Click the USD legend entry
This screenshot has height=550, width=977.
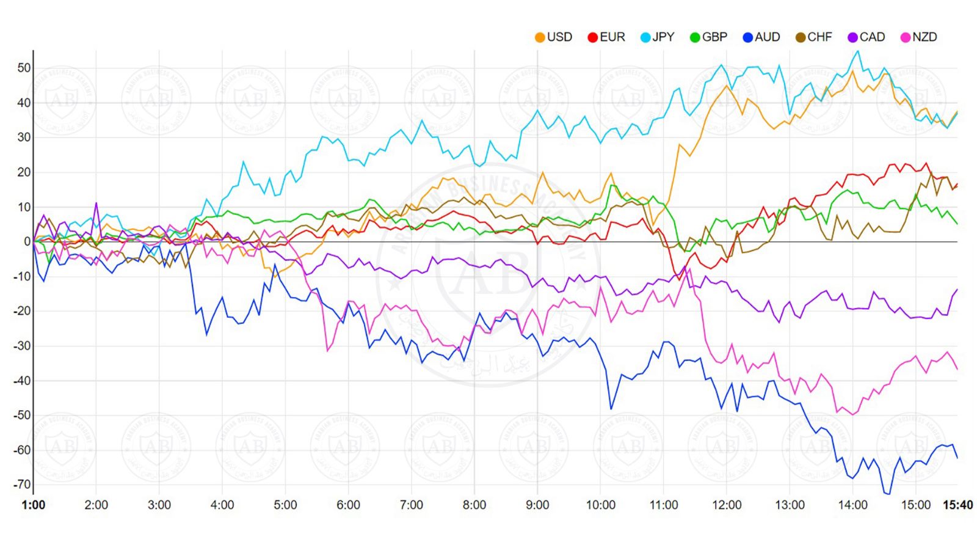click(554, 37)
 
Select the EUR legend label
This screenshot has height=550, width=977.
click(606, 37)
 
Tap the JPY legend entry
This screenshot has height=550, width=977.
click(658, 37)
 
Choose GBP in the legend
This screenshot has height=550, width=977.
click(709, 37)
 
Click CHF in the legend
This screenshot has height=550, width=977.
click(814, 37)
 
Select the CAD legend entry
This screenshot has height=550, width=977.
click(866, 37)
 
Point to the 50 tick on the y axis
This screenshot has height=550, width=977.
click(24, 68)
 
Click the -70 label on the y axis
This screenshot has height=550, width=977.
click(23, 485)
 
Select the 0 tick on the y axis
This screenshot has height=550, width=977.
click(27, 242)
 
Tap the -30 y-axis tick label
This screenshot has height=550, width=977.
click(23, 346)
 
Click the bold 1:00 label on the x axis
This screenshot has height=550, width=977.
click(33, 505)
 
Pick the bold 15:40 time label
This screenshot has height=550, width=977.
click(957, 505)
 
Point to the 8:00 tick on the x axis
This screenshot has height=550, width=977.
click(474, 505)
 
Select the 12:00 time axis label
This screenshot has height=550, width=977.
click(727, 505)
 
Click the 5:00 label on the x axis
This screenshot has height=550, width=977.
click(285, 505)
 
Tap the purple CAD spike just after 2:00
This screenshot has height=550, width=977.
click(96, 204)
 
